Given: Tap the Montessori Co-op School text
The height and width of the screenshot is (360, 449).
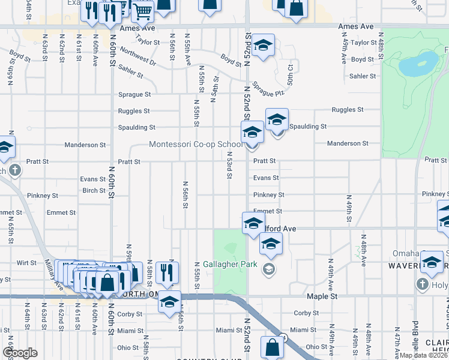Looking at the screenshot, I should point(196,145).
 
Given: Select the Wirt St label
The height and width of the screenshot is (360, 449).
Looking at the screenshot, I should point(26,263).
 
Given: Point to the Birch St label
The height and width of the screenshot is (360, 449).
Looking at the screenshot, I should point(94,190).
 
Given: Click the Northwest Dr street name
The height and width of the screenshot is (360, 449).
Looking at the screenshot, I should point(137,57).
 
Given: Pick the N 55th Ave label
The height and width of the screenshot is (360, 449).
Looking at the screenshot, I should point(188,53).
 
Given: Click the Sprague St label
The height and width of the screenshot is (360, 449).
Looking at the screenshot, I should point(134,95).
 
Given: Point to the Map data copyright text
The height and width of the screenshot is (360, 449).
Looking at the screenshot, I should point(423,355).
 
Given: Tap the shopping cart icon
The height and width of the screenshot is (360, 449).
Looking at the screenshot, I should point(142,11).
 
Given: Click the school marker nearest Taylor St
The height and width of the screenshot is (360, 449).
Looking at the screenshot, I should point(263,45).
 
